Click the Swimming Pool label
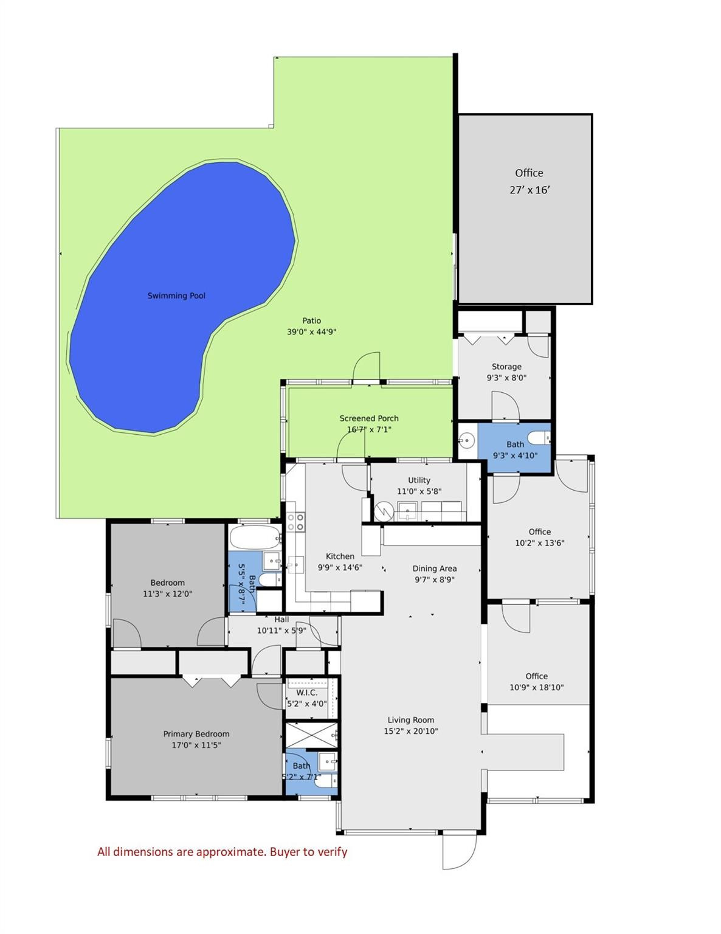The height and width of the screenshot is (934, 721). coord(176,296)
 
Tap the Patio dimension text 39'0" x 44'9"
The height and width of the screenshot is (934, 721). coord(311,332)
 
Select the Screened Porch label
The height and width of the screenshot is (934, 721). coord(369,418)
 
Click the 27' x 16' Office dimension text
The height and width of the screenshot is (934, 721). coord(530,190)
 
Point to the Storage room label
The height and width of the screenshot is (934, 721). coord(506,367)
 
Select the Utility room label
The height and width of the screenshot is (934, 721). coord(419,480)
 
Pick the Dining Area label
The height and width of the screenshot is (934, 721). coord(434,569)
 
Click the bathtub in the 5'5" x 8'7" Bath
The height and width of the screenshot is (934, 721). coord(255,538)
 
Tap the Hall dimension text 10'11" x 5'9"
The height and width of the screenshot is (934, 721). coord(281,631)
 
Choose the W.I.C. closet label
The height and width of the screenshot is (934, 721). coord(306,693)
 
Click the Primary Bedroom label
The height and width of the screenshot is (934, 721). coord(196,734)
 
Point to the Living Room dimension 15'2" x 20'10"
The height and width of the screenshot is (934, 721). coord(410,732)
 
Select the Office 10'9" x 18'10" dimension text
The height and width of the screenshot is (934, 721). coord(536,688)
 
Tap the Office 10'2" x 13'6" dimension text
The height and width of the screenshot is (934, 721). coord(539,543)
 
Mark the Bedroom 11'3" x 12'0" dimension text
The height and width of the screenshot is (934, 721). coord(167,594)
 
